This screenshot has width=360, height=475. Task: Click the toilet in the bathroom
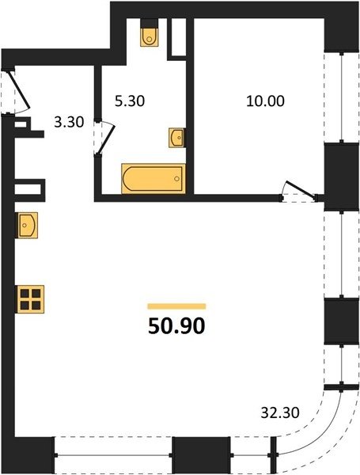tap(149, 37)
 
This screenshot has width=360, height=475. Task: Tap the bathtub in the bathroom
tap(153, 178)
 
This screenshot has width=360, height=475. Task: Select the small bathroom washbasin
tap(176, 138)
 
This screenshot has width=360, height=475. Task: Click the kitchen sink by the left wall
tap(28, 225)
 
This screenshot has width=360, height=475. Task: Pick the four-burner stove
tap(31, 299)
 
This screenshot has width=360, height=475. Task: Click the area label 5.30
tap(130, 101)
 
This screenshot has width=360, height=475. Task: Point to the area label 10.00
tap(265, 101)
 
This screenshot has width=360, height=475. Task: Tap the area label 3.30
tap(69, 123)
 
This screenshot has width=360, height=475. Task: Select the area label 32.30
tap(280, 412)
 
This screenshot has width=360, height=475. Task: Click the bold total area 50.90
tap(176, 326)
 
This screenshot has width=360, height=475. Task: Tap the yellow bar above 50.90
tap(176, 306)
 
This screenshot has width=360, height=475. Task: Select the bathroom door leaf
tap(106, 140)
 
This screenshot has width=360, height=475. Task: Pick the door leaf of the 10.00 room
tap(301, 190)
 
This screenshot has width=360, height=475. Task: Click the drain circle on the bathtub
tap(176, 179)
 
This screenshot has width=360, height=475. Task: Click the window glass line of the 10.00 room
tap(342, 97)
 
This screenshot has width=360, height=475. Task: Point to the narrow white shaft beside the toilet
tap(179, 37)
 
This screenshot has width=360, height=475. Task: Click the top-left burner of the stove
tap(25, 293)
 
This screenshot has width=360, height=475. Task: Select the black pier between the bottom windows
tap(201, 454)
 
